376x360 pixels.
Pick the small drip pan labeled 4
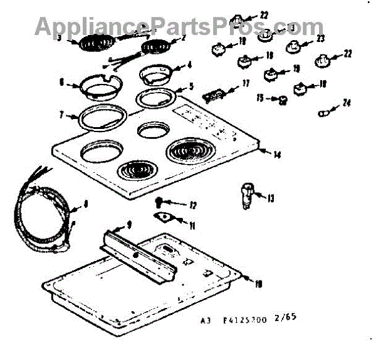pos(154,74)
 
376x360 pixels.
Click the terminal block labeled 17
pos(214,94)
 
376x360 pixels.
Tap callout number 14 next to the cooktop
pos(277,154)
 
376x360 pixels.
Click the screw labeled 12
pos(160,202)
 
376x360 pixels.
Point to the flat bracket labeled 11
pos(165,218)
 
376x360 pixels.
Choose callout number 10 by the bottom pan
pos(258,284)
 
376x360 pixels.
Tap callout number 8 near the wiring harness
pos(86,203)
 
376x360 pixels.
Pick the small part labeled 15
pos(283,99)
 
